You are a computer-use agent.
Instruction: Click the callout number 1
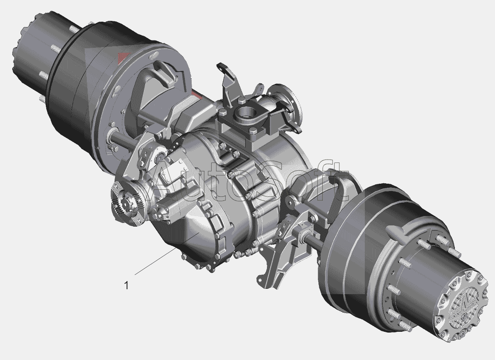point(127,286)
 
